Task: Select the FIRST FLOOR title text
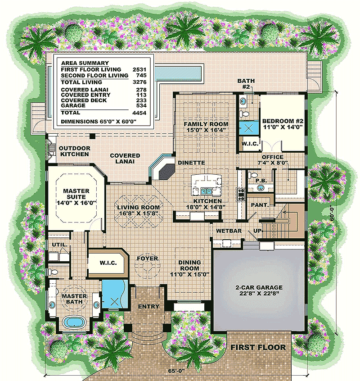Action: point(258,347)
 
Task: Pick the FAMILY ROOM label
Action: point(207,127)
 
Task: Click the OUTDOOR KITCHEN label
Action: point(74,151)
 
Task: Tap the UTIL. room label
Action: point(62,245)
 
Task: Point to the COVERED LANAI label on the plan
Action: point(125,159)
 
